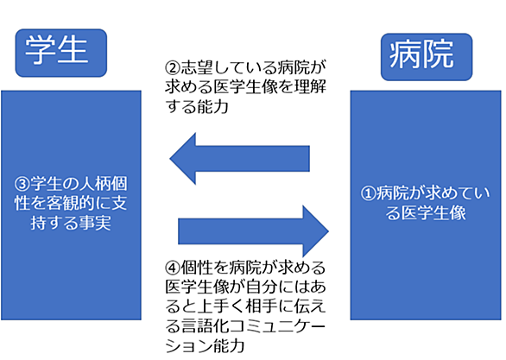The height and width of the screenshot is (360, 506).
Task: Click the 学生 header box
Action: tap(61, 53)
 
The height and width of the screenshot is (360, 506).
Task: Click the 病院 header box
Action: tap(427, 57)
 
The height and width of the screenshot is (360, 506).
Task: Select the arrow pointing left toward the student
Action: tap(239, 158)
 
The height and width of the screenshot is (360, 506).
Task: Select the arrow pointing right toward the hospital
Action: tap(253, 231)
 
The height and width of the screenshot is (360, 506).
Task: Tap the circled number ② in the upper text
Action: tap(173, 67)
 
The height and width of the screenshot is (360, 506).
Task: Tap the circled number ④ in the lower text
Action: tap(173, 268)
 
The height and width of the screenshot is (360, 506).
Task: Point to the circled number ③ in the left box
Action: tap(22, 184)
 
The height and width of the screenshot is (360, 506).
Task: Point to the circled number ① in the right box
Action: tap(368, 193)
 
